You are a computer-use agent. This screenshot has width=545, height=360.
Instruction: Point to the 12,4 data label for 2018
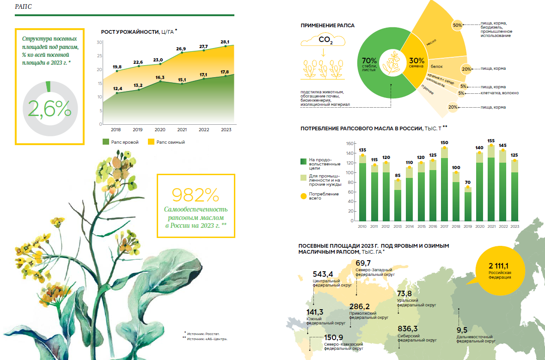pos(117,89)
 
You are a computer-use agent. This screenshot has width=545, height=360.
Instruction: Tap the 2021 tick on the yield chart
pos(182,129)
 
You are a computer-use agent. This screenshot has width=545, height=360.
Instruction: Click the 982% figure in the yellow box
pos(195,195)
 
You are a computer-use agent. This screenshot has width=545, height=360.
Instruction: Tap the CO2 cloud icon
pos(323,41)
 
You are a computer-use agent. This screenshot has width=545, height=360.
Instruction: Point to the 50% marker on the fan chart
pos(457,25)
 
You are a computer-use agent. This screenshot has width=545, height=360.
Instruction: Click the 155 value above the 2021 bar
pos(491,140)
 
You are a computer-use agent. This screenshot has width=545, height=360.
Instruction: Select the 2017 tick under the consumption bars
pos(444,226)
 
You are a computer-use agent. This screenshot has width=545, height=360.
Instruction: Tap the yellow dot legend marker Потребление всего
pos(303,196)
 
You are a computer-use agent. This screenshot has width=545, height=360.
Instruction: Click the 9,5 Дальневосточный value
pos(462,330)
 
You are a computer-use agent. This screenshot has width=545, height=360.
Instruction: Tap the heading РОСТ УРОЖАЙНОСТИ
pos(130,32)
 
